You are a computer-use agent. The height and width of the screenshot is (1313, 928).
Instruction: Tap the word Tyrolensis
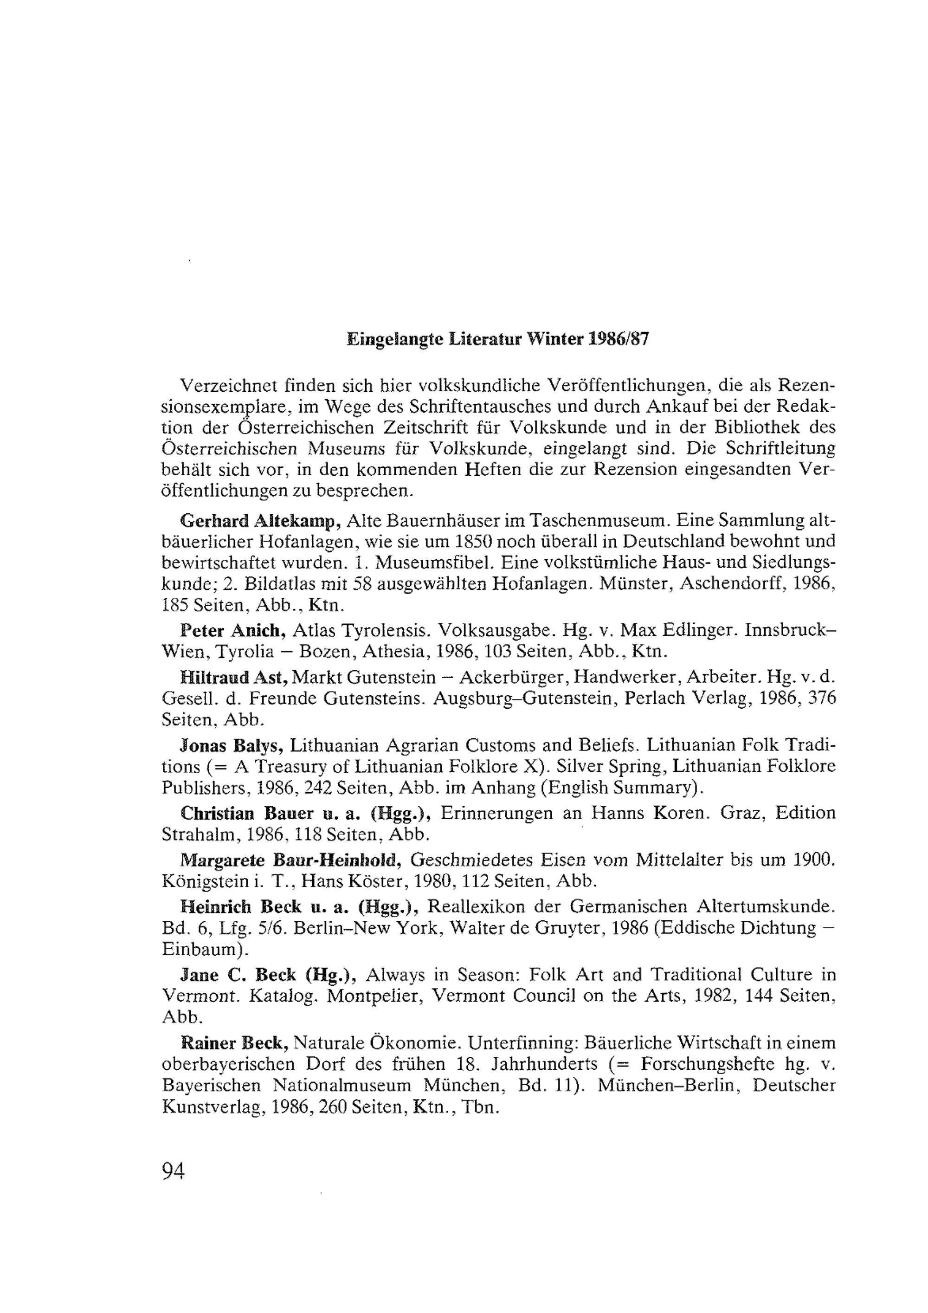click(380, 631)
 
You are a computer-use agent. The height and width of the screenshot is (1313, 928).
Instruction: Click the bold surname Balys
click(256, 746)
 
